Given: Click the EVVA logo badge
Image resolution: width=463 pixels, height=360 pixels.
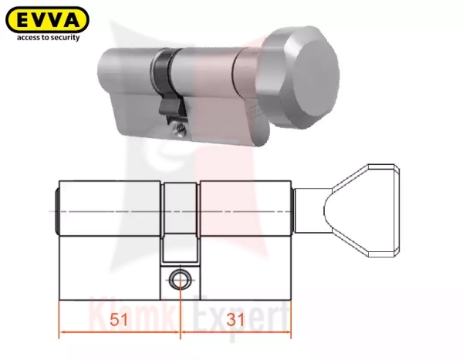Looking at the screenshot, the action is pos(47,19).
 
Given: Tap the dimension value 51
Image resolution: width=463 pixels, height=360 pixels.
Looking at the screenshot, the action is pos(119,320).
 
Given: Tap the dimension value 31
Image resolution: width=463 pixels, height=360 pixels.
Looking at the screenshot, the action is pos(235,320).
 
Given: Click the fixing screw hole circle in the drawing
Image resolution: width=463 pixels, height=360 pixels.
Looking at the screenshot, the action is pos(180,280).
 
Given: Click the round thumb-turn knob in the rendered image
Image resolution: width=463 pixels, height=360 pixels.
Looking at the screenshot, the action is pos(298,77).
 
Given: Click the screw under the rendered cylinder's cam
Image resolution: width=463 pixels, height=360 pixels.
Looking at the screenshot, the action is pos(181,130).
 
